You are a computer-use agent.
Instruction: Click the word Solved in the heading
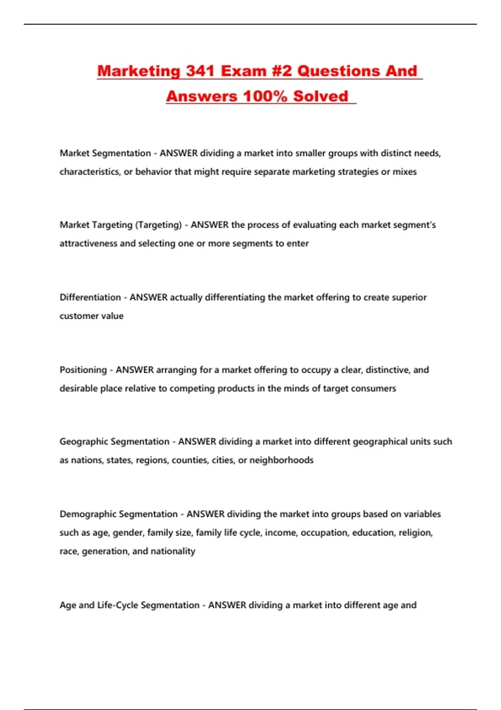pos(320,96)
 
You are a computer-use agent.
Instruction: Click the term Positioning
pos(83,370)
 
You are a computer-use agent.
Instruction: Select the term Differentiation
pos(90,297)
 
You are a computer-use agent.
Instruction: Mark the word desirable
pos(78,388)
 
